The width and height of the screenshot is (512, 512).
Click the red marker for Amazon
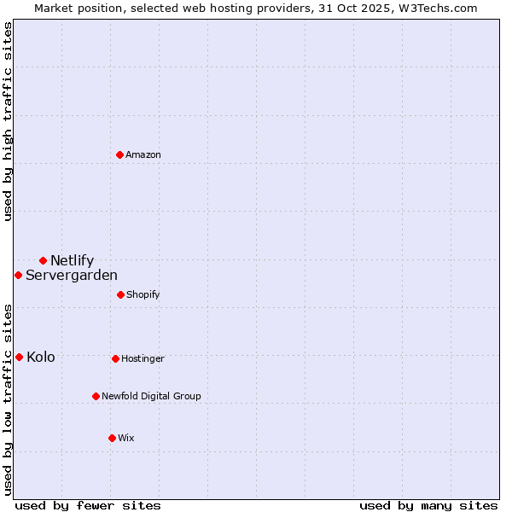pyautogui.click(x=120, y=154)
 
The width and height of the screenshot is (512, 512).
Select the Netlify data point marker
pyautogui.click(x=43, y=260)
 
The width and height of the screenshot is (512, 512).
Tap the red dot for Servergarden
pyautogui.click(x=18, y=275)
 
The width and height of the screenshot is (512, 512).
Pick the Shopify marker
pyautogui.click(x=120, y=294)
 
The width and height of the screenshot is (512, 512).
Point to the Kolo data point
pyautogui.click(x=19, y=357)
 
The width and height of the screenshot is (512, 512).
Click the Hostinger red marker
pyautogui.click(x=115, y=358)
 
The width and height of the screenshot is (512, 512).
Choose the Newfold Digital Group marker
pyautogui.click(x=96, y=396)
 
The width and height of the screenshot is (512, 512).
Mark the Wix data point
pyautogui.click(x=112, y=438)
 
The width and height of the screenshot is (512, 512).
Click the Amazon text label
pyautogui.click(x=143, y=154)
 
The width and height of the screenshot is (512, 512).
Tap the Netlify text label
pyautogui.click(x=72, y=260)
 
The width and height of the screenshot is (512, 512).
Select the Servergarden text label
pyautogui.click(x=72, y=275)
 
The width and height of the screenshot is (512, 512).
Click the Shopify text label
pyautogui.click(x=143, y=294)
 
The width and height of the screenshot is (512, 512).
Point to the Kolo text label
pyautogui.click(x=40, y=357)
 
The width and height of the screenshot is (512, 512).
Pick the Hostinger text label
pyautogui.click(x=143, y=358)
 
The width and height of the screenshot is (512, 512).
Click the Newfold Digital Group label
pyautogui.click(x=151, y=396)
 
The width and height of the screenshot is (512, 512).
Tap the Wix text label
pyautogui.click(x=126, y=438)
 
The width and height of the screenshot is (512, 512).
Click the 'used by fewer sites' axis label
pyautogui.click(x=88, y=505)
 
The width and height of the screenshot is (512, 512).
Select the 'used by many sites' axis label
pyautogui.click(x=428, y=505)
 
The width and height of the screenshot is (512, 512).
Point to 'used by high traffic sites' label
pyautogui.click(x=9, y=121)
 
